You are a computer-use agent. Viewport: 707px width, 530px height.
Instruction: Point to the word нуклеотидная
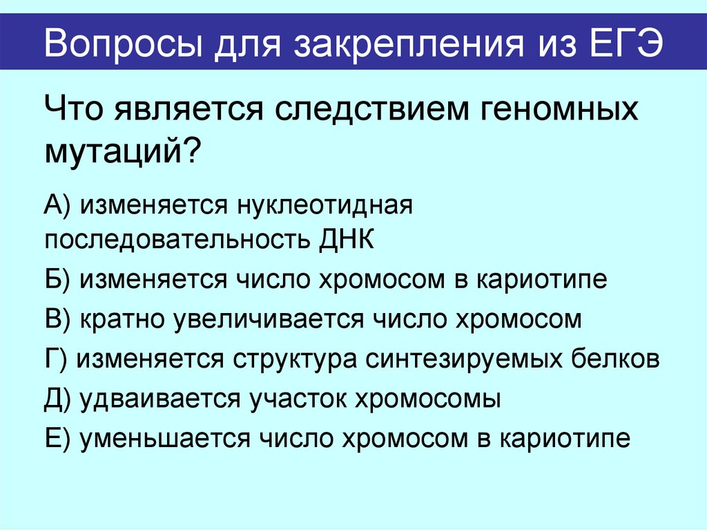tap(325, 205)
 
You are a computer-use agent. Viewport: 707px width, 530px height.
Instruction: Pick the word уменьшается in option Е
tap(165, 438)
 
